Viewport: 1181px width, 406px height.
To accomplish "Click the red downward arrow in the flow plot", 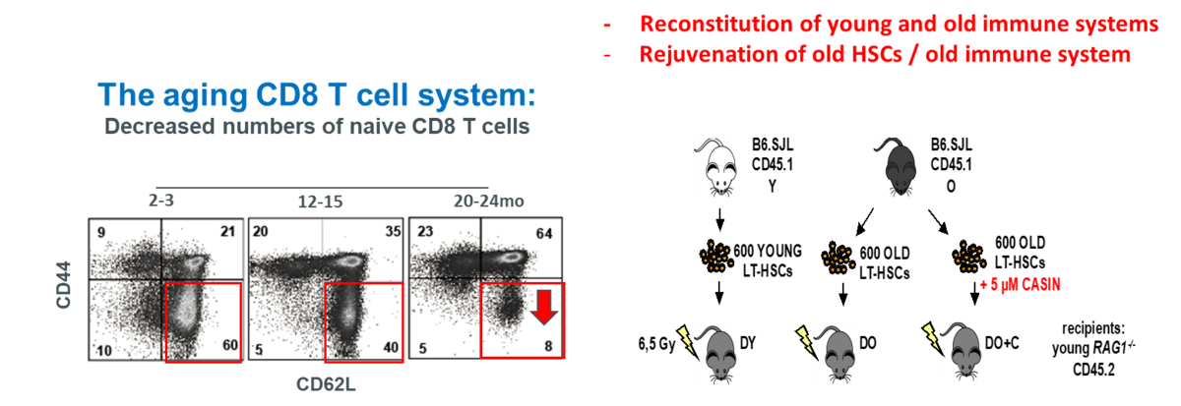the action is click(543, 307).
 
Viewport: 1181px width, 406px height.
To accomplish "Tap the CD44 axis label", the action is click(63, 285).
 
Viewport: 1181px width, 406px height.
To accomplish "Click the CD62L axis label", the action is click(326, 384).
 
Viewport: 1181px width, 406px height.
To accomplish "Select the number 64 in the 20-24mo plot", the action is click(544, 233).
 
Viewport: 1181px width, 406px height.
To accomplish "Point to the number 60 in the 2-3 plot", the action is click(230, 345).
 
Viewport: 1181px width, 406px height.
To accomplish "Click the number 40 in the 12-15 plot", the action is click(391, 348).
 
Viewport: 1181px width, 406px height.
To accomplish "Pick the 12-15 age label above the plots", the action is click(320, 202).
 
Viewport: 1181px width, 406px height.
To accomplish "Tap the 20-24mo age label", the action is click(489, 202).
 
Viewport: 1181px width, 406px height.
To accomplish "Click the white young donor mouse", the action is click(715, 167).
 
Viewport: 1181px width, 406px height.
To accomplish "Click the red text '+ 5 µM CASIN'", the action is click(1020, 285).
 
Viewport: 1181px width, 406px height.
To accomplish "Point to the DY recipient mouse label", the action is click(748, 343).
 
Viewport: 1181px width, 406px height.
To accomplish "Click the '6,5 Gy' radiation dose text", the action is click(656, 344).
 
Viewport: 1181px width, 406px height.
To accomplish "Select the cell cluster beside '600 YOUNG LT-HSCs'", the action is click(715, 257).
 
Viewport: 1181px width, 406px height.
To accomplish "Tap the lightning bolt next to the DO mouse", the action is click(807, 343).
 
